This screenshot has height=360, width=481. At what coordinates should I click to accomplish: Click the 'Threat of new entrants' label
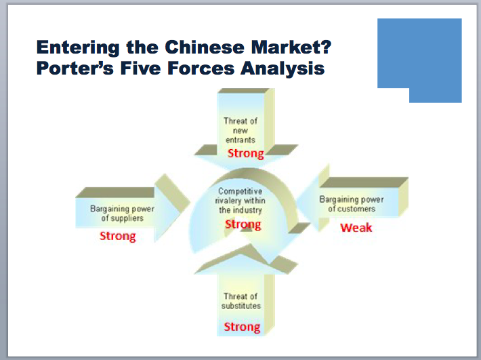(240, 130)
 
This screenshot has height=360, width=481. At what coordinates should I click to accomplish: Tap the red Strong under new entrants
(245, 153)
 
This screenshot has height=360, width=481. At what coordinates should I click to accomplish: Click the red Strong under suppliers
(118, 236)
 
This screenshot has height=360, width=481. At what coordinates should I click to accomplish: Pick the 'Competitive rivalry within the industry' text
(241, 201)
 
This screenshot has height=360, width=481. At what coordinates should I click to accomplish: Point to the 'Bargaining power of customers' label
(352, 204)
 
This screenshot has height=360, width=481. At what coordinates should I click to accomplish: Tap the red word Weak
(356, 227)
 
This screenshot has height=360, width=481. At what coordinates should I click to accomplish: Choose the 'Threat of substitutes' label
(240, 301)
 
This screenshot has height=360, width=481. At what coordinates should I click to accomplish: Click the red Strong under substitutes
(242, 327)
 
